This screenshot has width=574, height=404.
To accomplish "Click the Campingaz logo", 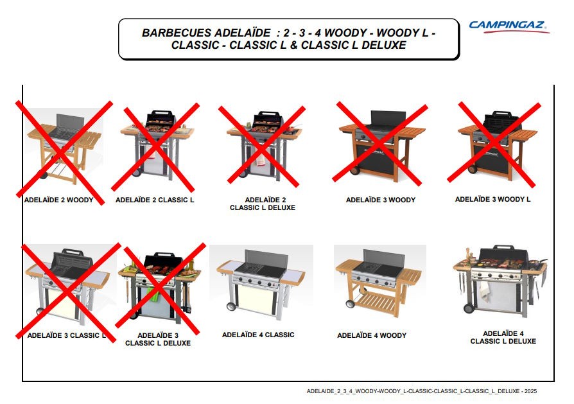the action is click(x=509, y=26).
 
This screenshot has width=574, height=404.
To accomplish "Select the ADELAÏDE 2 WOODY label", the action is click(x=58, y=200).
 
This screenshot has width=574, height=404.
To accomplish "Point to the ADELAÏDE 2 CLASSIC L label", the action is click(x=155, y=200).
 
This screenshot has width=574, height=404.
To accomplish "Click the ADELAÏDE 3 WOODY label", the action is click(x=381, y=200).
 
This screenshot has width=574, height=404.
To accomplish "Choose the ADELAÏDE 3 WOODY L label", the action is click(x=492, y=199).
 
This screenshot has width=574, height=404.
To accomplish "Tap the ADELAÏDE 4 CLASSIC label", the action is click(x=258, y=335).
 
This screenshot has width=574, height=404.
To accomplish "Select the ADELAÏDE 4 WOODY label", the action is click(x=372, y=335).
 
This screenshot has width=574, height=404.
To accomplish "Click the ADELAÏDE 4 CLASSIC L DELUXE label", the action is click(x=503, y=337).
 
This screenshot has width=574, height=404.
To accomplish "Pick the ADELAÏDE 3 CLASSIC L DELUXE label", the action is click(x=158, y=339).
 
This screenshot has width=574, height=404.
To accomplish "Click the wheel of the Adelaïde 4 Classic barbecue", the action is click(x=231, y=306).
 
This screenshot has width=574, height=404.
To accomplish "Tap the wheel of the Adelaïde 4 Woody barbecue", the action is click(x=351, y=304).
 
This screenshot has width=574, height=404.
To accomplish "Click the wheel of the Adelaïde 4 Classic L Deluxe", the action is click(x=469, y=308).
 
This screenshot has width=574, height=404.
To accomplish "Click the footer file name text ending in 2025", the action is click(x=422, y=391).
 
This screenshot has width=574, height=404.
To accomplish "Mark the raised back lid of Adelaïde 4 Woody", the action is click(x=383, y=259).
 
